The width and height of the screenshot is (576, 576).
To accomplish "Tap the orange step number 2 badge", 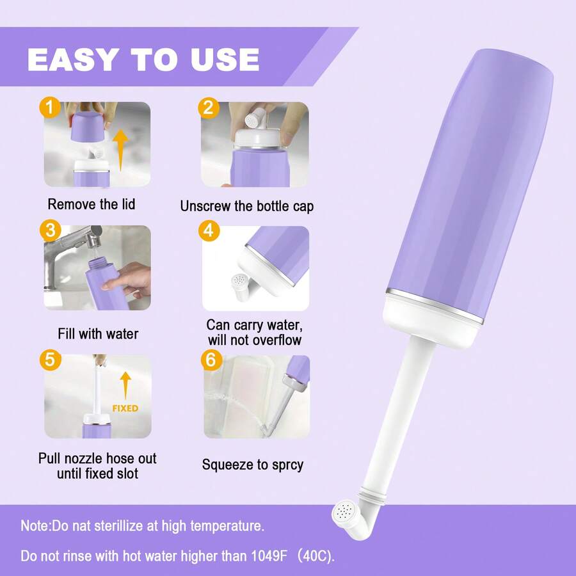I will [207, 107].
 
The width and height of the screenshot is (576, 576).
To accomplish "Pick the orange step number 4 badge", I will [208, 230].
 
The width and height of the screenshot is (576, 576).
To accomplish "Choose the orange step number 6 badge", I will [209, 360].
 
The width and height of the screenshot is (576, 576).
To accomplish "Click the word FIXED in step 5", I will [125, 408].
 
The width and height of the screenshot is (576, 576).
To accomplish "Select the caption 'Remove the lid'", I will [92, 205].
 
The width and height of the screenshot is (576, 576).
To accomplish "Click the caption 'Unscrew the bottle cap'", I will [246, 206].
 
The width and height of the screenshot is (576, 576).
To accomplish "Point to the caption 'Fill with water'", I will [97, 334].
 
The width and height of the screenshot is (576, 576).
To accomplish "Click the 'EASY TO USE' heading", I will [143, 60].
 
